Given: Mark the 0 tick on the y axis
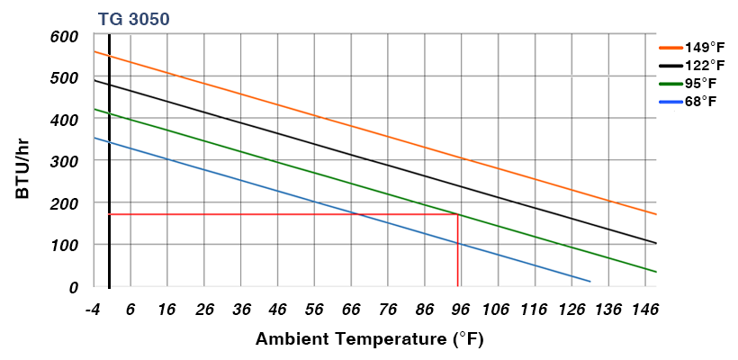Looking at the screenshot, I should coord(76,286).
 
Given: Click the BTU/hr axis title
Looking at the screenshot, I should coord(24,162).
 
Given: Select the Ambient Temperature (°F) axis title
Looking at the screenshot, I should coord(369,340).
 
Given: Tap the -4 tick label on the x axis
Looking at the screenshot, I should coord(92,310).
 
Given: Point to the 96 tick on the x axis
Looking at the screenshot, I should coord(461,310).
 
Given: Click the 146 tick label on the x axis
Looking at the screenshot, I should coord(645,310).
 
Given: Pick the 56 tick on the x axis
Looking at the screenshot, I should coord(313,310).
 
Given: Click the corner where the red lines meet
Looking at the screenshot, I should coord(458,214).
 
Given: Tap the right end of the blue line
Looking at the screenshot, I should coord(590,281).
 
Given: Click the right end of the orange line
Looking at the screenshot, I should coord(656,214).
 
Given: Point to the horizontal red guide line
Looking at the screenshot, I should coord(270,214).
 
